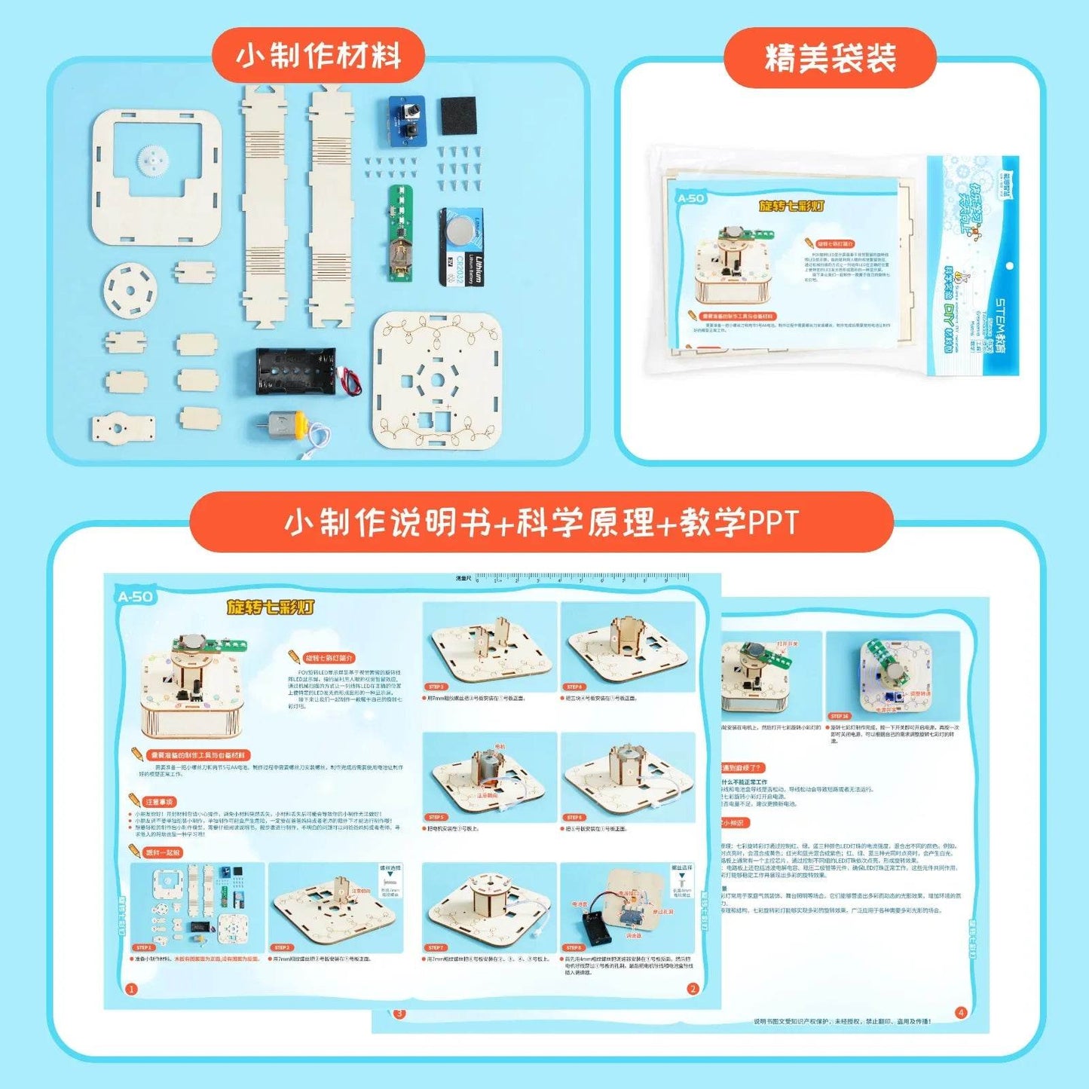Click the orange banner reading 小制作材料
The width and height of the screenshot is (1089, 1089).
318,56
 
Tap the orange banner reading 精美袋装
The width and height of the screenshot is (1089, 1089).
830,58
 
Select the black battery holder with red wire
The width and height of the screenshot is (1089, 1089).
296,370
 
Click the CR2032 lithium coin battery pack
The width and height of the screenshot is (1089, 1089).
461,247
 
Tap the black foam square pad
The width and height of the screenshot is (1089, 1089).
458,115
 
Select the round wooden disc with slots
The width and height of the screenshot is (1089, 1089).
130,290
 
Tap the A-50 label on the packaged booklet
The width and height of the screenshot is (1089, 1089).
690,198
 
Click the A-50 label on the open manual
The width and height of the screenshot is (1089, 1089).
136,597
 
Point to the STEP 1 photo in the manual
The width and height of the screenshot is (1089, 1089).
197,907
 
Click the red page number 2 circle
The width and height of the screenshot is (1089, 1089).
693,989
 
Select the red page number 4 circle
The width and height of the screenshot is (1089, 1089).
961,1012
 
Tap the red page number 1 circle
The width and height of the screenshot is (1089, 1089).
131,989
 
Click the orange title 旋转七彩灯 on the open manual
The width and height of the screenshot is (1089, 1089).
271,607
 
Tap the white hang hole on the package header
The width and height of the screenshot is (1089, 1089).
1009,266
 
